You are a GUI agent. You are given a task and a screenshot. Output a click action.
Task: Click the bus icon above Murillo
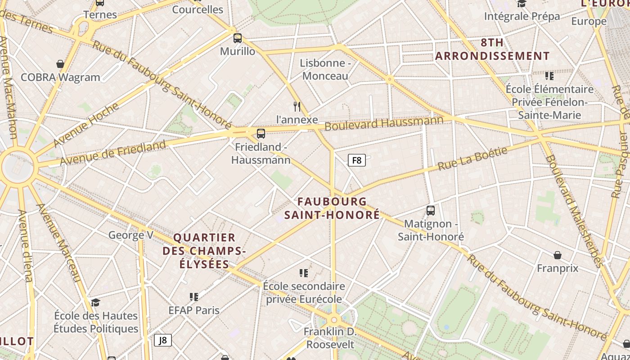tap(237, 38)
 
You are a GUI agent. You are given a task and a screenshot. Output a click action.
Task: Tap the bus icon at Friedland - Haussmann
tap(261, 134)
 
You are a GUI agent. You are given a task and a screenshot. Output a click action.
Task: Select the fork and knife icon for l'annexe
tap(297, 107)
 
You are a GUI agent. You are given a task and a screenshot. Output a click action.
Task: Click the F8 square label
tap(356, 160)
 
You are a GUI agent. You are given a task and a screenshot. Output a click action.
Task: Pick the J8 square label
tap(163, 340)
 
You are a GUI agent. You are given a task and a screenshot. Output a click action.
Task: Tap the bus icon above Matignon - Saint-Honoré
tap(431, 211)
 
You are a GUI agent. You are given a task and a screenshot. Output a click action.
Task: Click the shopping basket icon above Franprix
tap(558, 255)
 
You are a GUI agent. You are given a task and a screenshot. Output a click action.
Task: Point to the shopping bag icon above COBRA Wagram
tap(60, 64)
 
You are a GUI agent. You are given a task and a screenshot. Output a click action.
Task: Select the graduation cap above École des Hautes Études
tap(95, 302)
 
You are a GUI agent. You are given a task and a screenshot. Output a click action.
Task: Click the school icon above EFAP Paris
tap(194, 297)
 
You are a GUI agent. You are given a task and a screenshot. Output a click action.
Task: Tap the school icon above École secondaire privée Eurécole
tap(304, 273)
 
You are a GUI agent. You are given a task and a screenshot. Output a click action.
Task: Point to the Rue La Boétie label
tap(472, 158)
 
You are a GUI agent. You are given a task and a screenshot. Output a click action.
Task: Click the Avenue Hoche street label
tap(86, 125)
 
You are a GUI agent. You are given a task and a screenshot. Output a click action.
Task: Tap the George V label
tap(131, 235)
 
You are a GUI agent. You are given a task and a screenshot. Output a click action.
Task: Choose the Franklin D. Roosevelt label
tap(330, 338)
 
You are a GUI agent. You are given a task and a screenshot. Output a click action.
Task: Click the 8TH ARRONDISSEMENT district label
tap(492, 49)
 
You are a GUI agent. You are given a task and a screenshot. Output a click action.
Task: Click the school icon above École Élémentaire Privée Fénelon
tap(549, 76)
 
